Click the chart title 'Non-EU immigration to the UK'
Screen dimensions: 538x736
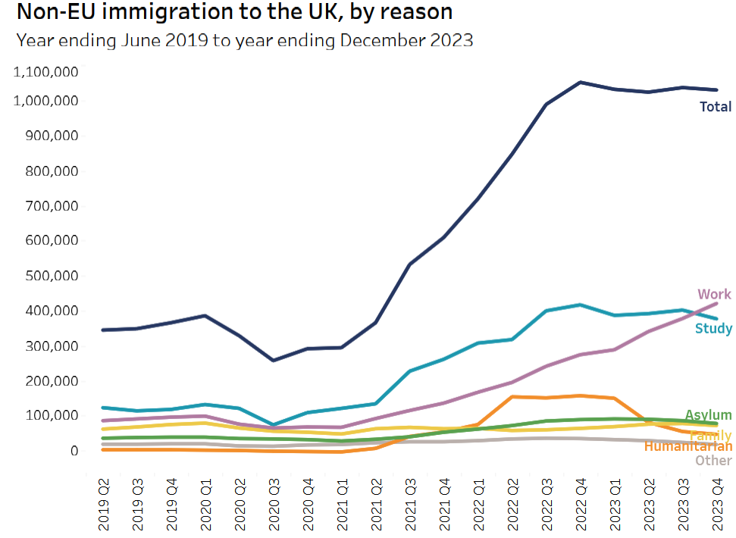234,12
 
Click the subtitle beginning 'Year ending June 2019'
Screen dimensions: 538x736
244,40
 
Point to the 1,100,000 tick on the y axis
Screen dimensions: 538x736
47,71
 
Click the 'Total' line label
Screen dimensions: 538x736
715,107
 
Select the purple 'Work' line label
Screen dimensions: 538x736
714,294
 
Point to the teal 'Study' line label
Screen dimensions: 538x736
713,328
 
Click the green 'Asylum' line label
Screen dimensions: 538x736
708,414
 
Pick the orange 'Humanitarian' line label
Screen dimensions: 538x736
687,446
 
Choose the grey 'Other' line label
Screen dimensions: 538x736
713,460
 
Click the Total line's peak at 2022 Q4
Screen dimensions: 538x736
581,82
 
